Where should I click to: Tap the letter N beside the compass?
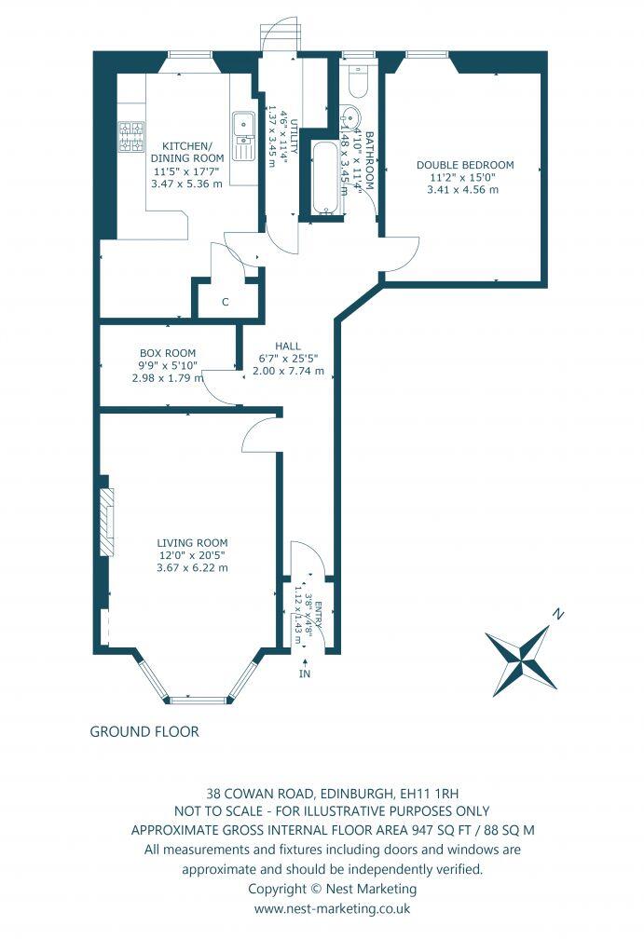557,615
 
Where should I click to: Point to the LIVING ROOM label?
192,542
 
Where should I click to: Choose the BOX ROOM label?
168,353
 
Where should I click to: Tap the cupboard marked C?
225,301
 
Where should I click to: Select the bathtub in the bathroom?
326,178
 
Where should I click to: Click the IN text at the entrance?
304,673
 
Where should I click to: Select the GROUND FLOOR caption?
144,731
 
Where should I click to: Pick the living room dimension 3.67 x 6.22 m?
192,566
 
